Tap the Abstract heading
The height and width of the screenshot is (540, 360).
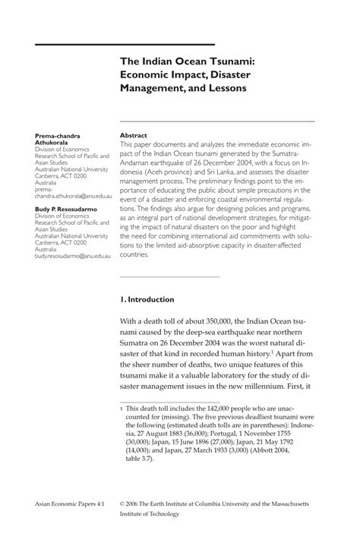click(x=134, y=136)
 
